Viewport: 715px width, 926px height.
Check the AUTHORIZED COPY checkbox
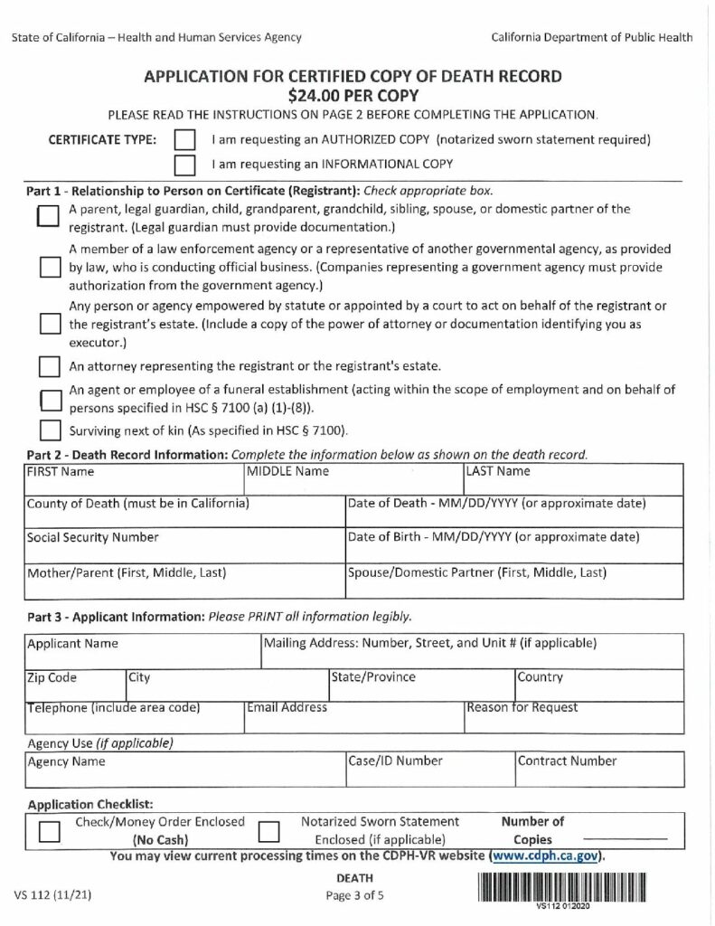click(x=184, y=141)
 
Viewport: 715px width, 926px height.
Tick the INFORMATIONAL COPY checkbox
click(x=184, y=165)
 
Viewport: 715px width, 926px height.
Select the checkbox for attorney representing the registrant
click(x=49, y=366)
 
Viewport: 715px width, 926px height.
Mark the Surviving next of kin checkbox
click(x=49, y=429)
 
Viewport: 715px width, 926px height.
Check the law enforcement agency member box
click(x=49, y=268)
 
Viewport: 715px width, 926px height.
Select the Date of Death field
click(x=514, y=515)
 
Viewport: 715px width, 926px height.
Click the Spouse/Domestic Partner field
click(x=514, y=582)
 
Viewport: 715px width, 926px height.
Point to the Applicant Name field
click(x=141, y=655)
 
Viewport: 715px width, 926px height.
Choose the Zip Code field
click(x=73, y=686)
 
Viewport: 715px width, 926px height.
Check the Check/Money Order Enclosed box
click(x=50, y=831)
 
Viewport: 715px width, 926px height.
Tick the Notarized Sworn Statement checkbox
click(x=268, y=831)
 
